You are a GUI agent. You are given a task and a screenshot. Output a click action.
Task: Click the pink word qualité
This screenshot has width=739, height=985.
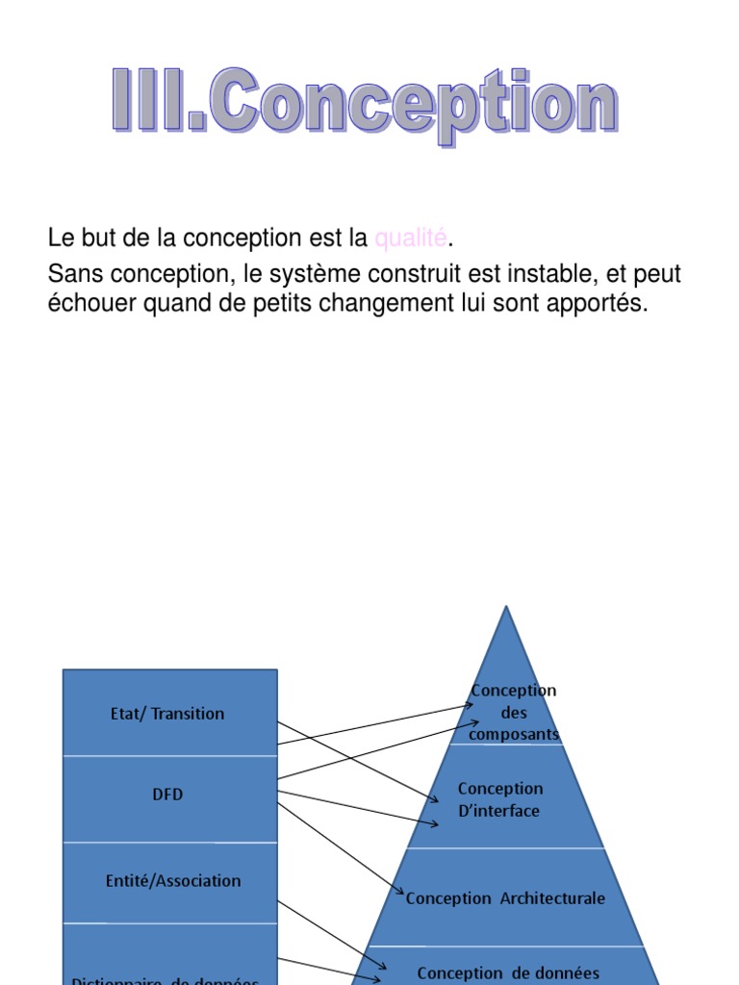[411, 238]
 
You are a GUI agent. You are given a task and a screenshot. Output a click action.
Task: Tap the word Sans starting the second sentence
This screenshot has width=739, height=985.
[73, 274]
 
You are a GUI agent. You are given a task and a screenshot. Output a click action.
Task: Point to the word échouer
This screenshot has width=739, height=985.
[87, 304]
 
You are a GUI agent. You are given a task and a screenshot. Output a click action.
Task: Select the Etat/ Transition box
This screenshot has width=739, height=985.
[169, 713]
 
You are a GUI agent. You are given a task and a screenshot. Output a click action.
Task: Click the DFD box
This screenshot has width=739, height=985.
[169, 795]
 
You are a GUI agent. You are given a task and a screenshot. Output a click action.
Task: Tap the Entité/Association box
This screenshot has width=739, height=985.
[169, 880]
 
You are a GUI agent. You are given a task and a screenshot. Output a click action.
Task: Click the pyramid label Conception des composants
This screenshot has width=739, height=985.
[513, 713]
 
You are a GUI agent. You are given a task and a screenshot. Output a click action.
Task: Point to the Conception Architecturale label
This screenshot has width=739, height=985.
[505, 898]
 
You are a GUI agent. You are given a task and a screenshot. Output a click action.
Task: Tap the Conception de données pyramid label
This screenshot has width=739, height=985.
[508, 973]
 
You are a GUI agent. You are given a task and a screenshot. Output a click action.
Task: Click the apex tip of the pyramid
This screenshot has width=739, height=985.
[505, 608]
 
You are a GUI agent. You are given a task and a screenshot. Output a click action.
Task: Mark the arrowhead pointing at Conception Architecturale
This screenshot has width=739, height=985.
[400, 894]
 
